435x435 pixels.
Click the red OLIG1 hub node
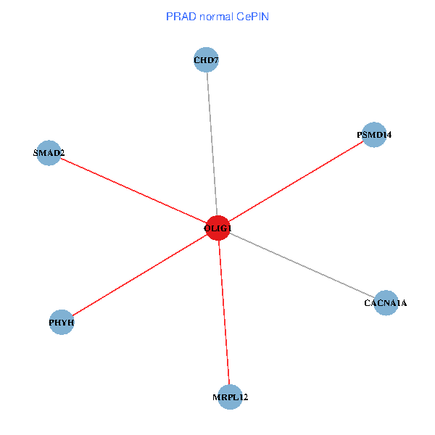pyautogui.click(x=217, y=228)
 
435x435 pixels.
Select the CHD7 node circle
pyautogui.click(x=206, y=59)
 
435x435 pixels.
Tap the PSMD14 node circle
pyautogui.click(x=373, y=135)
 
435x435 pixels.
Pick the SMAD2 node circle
pyautogui.click(x=49, y=153)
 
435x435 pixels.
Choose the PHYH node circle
pyautogui.click(x=62, y=322)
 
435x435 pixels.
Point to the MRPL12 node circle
pyautogui.click(x=230, y=397)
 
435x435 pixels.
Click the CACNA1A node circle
pyautogui.click(x=386, y=302)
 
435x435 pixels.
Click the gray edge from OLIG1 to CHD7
pyautogui.click(x=212, y=145)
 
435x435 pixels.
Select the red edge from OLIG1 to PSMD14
pyautogui.click(x=296, y=181)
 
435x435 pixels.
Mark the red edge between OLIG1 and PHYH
pyautogui.click(x=140, y=275)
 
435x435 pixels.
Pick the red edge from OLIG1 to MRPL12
pyautogui.click(x=224, y=313)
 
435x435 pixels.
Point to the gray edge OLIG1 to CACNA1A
pyautogui.click(x=302, y=265)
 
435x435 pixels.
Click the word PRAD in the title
pyautogui.click(x=181, y=16)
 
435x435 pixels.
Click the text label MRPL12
pyautogui.click(x=230, y=398)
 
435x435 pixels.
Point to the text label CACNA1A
pyautogui.click(x=386, y=303)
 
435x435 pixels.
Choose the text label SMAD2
pyautogui.click(x=49, y=154)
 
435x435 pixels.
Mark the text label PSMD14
pyautogui.click(x=373, y=136)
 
